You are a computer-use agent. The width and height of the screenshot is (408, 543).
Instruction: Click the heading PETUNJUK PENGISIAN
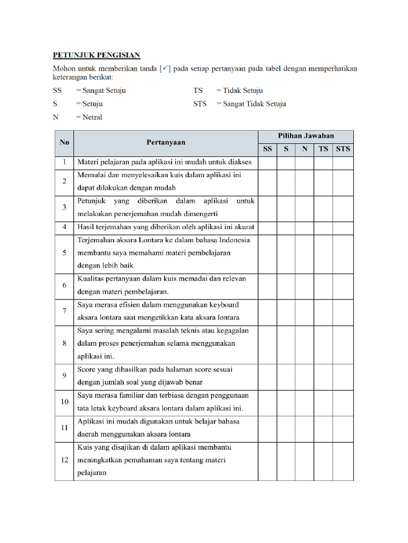pos(96,55)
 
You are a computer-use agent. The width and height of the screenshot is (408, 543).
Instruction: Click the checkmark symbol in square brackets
pos(165,68)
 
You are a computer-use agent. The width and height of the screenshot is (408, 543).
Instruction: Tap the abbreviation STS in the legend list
pos(200,104)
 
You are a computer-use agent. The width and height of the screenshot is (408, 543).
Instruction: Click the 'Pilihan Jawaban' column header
pos(306,136)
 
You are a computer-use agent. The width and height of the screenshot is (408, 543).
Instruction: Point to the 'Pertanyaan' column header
pos(166,143)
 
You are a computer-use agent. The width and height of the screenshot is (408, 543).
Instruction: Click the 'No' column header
pos(64,143)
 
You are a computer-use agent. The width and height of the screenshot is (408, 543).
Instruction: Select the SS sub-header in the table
pos(268,149)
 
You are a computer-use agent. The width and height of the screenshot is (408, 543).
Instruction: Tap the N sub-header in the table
pos(304,149)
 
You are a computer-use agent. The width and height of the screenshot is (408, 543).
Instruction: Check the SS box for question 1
pos(268,162)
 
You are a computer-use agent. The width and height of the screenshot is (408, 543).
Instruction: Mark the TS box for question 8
pos(324,344)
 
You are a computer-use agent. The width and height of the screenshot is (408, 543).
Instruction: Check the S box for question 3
pos(286,208)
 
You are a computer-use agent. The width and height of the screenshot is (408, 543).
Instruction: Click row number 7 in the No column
pos(64,311)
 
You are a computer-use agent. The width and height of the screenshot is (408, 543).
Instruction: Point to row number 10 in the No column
pos(64,402)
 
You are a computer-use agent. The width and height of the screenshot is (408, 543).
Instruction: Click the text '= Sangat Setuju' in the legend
pos(101,91)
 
